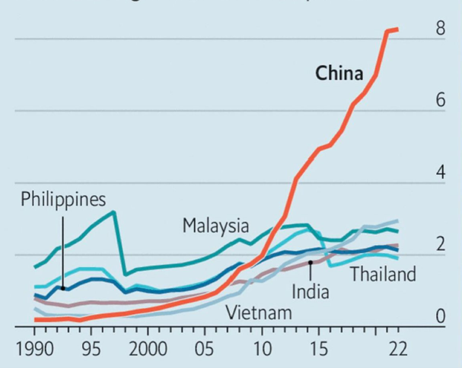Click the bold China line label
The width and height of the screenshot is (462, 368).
coord(339,74)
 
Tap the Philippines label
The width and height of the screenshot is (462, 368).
coord(63,199)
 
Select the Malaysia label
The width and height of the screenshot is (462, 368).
coord(216,226)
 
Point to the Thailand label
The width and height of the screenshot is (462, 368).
coord(383,274)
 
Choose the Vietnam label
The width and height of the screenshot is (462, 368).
coord(259,313)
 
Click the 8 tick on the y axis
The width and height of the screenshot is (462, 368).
coord(440,28)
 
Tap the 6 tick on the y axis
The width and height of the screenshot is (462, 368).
coord(440,100)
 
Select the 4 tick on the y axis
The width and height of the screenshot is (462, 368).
coord(440,172)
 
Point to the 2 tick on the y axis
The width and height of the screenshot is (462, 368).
coord(440,244)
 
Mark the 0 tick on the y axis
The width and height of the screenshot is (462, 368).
coord(440,316)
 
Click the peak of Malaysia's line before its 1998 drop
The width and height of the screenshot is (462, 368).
coord(113,212)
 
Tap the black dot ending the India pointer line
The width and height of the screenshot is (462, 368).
coord(310,263)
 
